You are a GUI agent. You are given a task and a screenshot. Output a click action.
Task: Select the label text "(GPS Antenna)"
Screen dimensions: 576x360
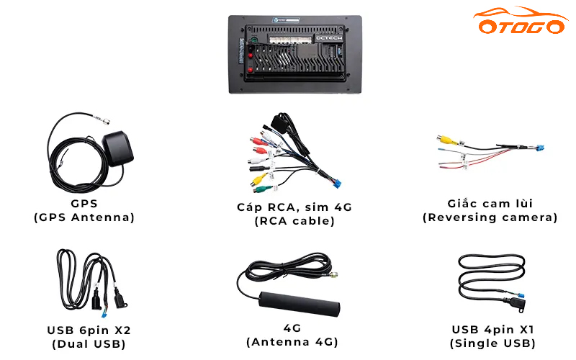tap(84, 217)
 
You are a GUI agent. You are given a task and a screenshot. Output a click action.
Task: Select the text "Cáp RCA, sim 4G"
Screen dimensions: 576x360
tap(294, 207)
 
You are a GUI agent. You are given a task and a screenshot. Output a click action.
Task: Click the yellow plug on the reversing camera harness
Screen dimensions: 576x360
tap(447, 140)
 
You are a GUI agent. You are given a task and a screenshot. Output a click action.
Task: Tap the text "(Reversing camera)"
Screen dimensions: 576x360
tap(490, 217)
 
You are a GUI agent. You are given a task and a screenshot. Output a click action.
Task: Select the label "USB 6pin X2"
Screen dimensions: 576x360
tap(89, 330)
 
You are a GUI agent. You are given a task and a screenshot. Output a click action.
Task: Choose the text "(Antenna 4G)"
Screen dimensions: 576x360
tap(292, 341)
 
